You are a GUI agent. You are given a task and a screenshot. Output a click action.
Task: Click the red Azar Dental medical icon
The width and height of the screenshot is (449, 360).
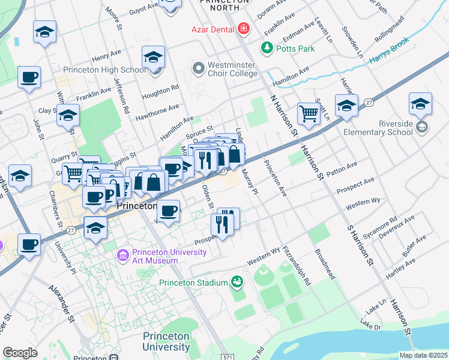click(243, 28)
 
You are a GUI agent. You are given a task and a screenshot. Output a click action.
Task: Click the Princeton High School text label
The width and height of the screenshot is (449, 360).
click(111, 70)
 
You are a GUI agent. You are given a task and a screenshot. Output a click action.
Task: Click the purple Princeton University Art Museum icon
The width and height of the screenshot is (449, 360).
click(123, 256)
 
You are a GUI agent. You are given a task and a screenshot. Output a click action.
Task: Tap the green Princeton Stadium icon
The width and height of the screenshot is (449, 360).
click(237, 283)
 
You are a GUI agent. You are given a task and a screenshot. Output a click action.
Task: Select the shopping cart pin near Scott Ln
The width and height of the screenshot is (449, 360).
click(309, 113)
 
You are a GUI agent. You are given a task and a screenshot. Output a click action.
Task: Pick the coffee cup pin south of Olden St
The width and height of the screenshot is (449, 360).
click(168, 211)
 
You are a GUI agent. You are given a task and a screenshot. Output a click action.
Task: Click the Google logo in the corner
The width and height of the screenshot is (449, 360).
click(20, 353)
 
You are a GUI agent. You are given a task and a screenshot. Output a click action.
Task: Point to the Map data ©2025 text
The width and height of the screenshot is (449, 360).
click(423, 355)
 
